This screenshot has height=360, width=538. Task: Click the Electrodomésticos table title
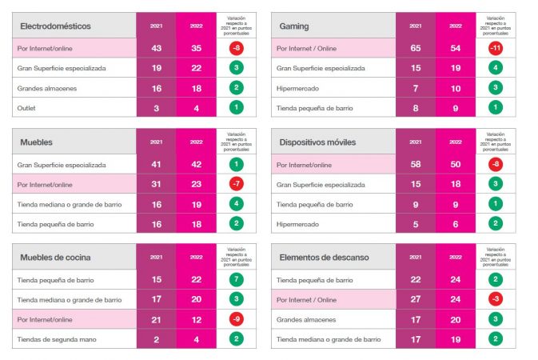tap(55, 26)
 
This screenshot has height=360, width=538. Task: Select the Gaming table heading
tap(294, 26)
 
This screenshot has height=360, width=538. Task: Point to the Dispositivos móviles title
tap(317, 142)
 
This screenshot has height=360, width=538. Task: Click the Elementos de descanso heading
tap(322, 257)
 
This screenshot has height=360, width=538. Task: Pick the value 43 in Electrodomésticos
tap(157, 48)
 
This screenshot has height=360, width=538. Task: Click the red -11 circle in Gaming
tap(496, 48)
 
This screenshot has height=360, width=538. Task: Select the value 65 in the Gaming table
tap(416, 48)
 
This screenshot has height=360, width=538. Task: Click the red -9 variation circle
tap(237, 320)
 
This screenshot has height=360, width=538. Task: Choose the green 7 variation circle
tap(237, 280)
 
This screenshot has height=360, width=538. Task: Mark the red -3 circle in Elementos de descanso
tap(496, 299)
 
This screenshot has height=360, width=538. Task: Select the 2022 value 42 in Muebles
tap(197, 164)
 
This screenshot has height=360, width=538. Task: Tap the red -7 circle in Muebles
tap(237, 184)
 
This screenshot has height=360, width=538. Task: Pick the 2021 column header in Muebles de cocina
tap(157, 257)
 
